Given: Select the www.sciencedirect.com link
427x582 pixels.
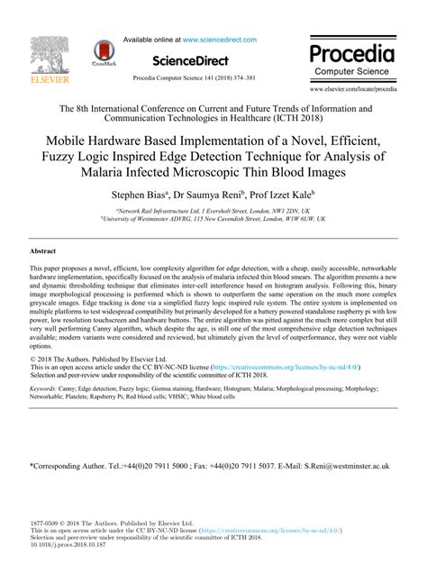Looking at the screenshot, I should tap(220, 40).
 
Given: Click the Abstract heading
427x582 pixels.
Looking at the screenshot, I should tap(43, 250).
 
